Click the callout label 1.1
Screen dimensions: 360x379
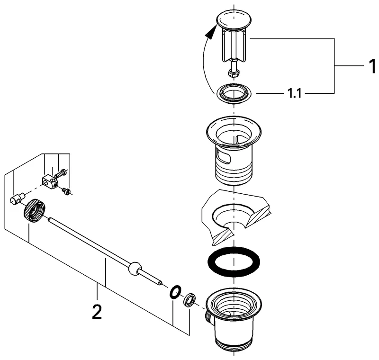[294, 94]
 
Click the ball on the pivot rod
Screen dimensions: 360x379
[135, 269]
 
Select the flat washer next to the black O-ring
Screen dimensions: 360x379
[189, 299]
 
